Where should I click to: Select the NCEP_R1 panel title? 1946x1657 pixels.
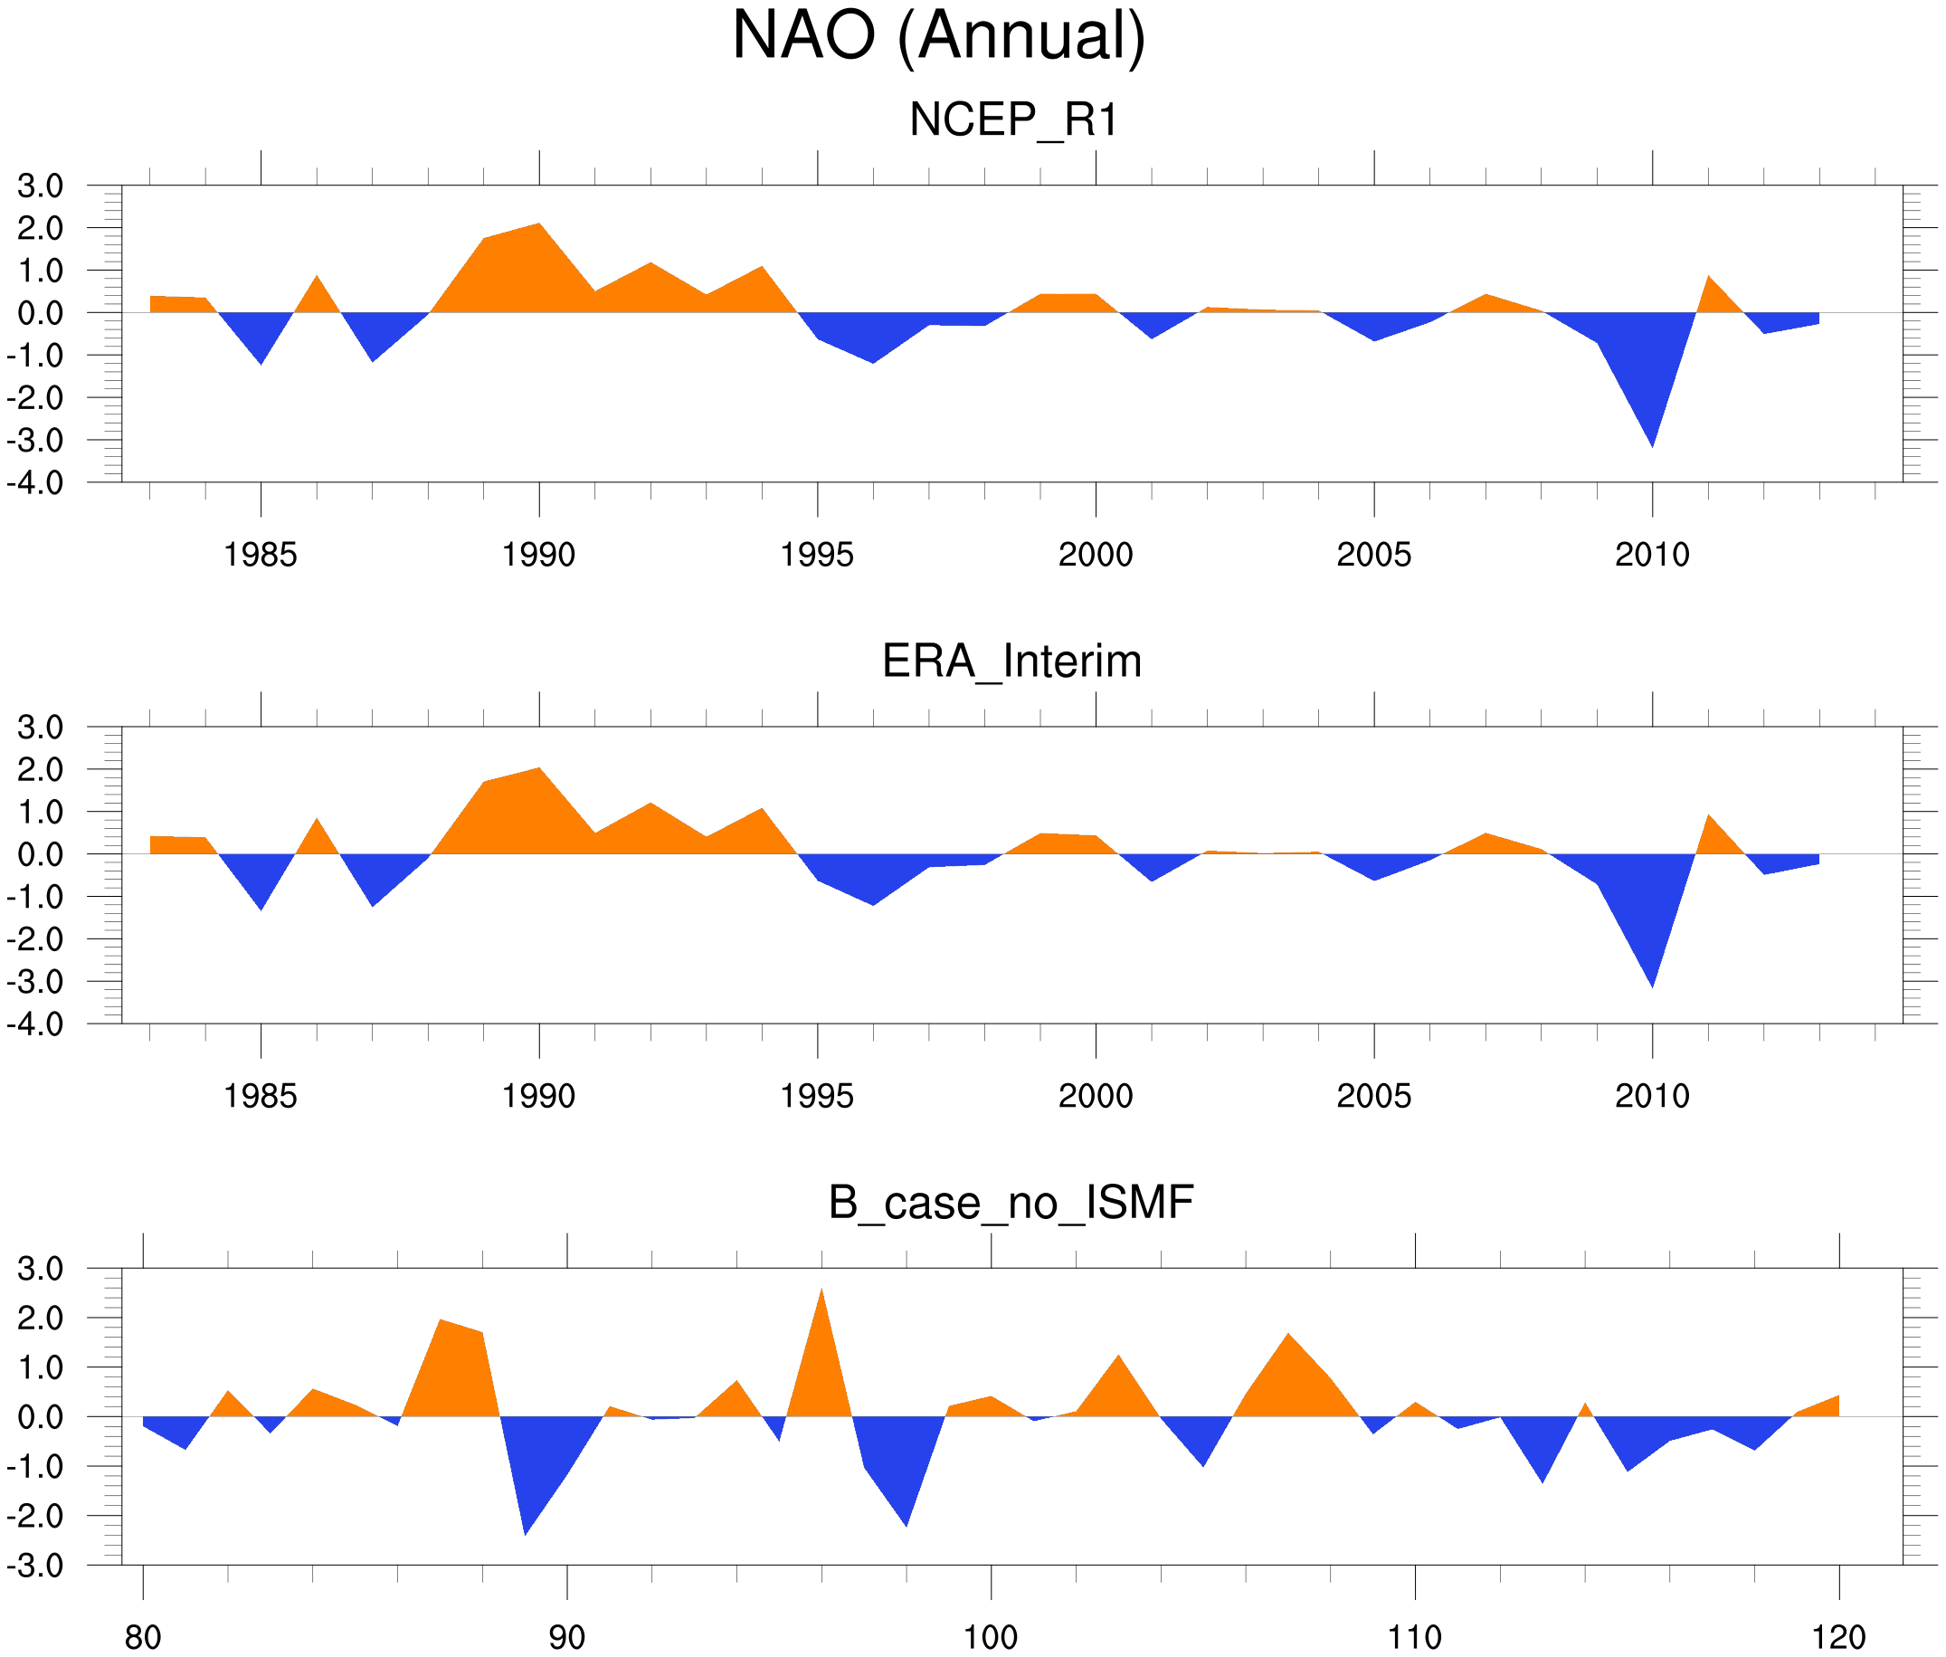pyautogui.click(x=1013, y=120)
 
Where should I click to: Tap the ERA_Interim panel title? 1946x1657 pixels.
pyautogui.click(x=1011, y=662)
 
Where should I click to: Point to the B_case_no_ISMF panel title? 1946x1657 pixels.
pyautogui.click(x=1011, y=1203)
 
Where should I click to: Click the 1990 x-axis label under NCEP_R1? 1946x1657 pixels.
pyautogui.click(x=538, y=555)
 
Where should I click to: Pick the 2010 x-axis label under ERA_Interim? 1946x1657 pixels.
pyautogui.click(x=1652, y=1096)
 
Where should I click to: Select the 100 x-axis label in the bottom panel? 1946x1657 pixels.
pyautogui.click(x=991, y=1637)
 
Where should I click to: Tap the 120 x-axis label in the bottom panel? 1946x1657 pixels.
pyautogui.click(x=1838, y=1637)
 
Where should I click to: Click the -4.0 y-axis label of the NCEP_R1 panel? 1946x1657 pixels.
pyautogui.click(x=35, y=483)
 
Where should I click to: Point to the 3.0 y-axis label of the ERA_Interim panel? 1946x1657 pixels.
pyautogui.click(x=41, y=727)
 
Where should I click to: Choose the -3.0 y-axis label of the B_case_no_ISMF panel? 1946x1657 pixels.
pyautogui.click(x=35, y=1566)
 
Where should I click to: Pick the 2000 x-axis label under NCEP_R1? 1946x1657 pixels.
pyautogui.click(x=1095, y=555)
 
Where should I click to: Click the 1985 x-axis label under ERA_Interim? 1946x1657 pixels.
pyautogui.click(x=261, y=1096)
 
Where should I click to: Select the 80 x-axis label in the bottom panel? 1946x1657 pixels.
pyautogui.click(x=143, y=1637)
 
